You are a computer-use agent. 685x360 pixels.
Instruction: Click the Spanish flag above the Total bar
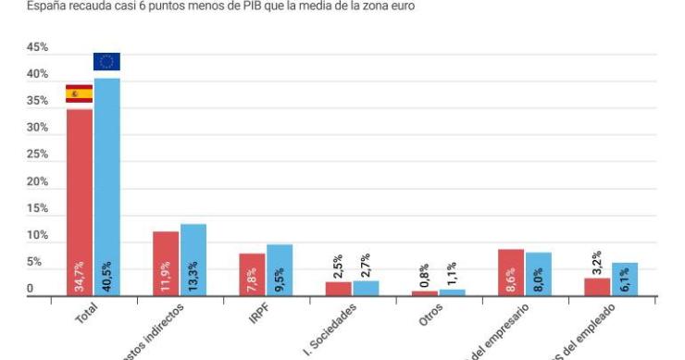tap(79, 93)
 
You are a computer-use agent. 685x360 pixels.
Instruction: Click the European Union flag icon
tap(106, 62)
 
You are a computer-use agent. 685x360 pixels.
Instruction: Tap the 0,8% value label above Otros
tap(424, 276)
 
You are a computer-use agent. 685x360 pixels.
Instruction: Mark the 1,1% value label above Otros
tap(451, 275)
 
